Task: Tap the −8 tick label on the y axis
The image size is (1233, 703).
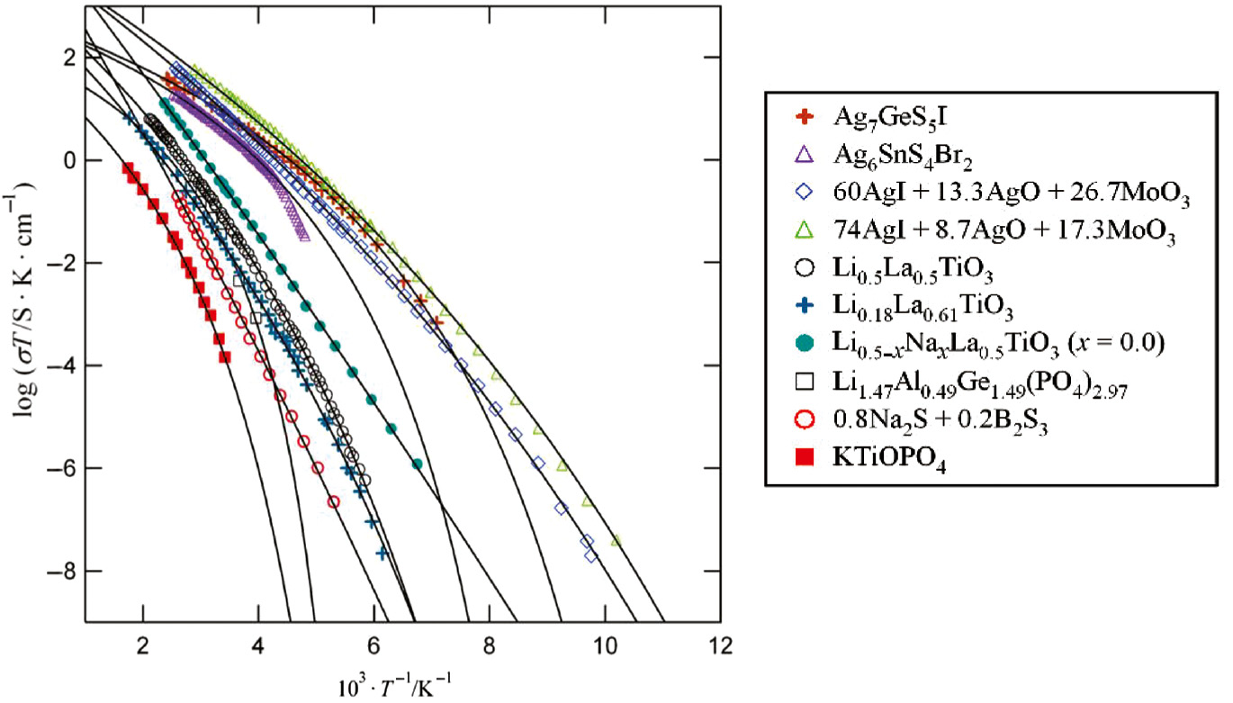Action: [x=65, y=571]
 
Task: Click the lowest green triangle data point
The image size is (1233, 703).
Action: [x=616, y=540]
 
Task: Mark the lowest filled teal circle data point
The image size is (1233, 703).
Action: [x=417, y=464]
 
